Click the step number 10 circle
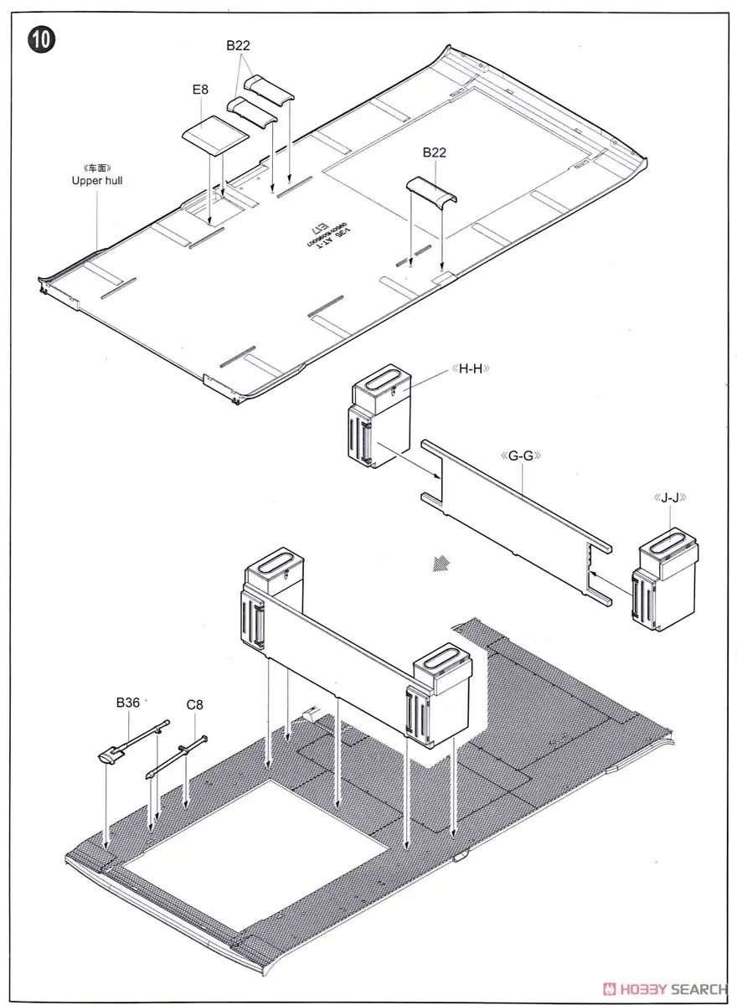point(41,39)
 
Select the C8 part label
point(194,704)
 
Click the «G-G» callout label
point(522,456)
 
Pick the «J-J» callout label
point(670,497)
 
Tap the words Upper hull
point(96,180)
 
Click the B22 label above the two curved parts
point(238,47)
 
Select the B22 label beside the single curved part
point(435,152)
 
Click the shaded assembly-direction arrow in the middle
point(435,564)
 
